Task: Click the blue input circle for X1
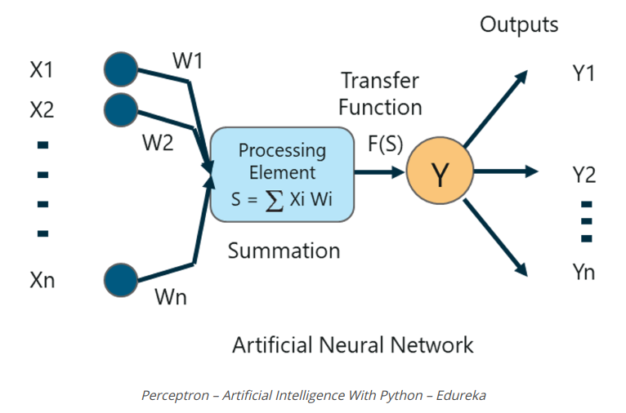(x=121, y=69)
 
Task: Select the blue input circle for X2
(x=121, y=109)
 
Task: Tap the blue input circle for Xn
(x=121, y=280)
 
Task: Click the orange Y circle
(x=440, y=173)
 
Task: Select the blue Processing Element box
(x=282, y=173)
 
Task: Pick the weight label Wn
(x=170, y=296)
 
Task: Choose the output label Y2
(x=584, y=174)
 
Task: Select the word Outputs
(x=519, y=24)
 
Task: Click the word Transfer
(x=379, y=81)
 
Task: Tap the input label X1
(x=42, y=71)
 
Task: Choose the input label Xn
(x=42, y=282)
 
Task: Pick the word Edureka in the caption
(x=460, y=396)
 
